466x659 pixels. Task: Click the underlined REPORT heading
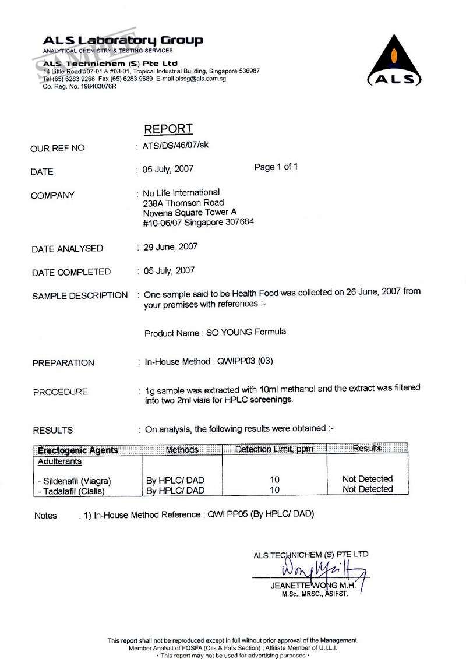pos(168,129)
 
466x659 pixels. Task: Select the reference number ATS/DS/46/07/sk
pos(175,146)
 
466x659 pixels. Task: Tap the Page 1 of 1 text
pos(276,167)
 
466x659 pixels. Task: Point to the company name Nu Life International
pos(182,193)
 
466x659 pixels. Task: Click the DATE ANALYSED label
pos(67,249)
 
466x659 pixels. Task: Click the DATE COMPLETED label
pos(70,272)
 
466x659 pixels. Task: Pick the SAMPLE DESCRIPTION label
pos(80,296)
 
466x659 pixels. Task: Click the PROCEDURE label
pos(60,392)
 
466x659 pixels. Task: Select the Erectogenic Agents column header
pos(77,450)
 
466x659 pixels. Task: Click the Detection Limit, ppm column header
pos(274,449)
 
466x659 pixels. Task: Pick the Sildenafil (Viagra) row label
pos(73,481)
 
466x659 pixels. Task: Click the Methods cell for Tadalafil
pos(175,491)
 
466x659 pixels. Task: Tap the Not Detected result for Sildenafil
pos(368,479)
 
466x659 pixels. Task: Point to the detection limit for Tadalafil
pos(274,490)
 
